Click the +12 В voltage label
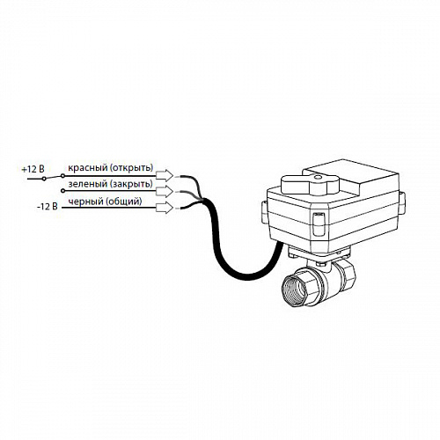pyautogui.click(x=33, y=169)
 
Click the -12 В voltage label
pyautogui.click(x=48, y=207)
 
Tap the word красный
pyautogui.click(x=88, y=168)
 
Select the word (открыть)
pyautogui.click(x=132, y=168)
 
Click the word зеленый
pyautogui.click(x=88, y=184)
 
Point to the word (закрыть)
pyautogui.click(x=131, y=184)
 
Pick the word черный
pyautogui.click(x=85, y=202)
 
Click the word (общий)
pyautogui.click(x=124, y=202)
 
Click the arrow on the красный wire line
pyautogui.click(x=165, y=176)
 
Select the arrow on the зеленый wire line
pyautogui.click(x=165, y=192)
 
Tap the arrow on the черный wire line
pyautogui.click(x=165, y=208)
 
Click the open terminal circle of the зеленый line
pyautogui.click(x=62, y=191)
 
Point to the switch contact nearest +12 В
pyautogui.click(x=44, y=179)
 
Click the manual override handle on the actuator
pyautogui.click(x=310, y=185)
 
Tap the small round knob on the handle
pyautogui.click(x=318, y=177)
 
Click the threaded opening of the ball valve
pyautogui.click(x=294, y=289)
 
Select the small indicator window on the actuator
pyautogui.click(x=319, y=224)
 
